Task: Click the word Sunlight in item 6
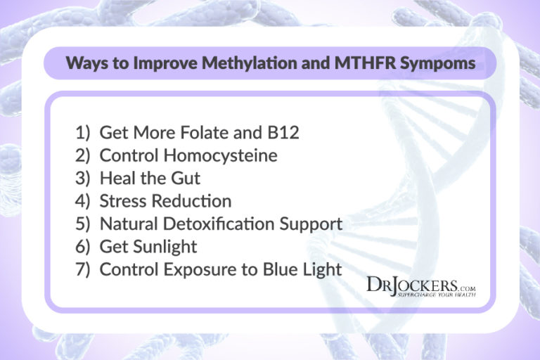[165, 247]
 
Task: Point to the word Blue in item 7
[270, 270]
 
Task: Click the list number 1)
[83, 132]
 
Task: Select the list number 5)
[83, 224]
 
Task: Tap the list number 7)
[83, 270]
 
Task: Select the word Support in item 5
[313, 224]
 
